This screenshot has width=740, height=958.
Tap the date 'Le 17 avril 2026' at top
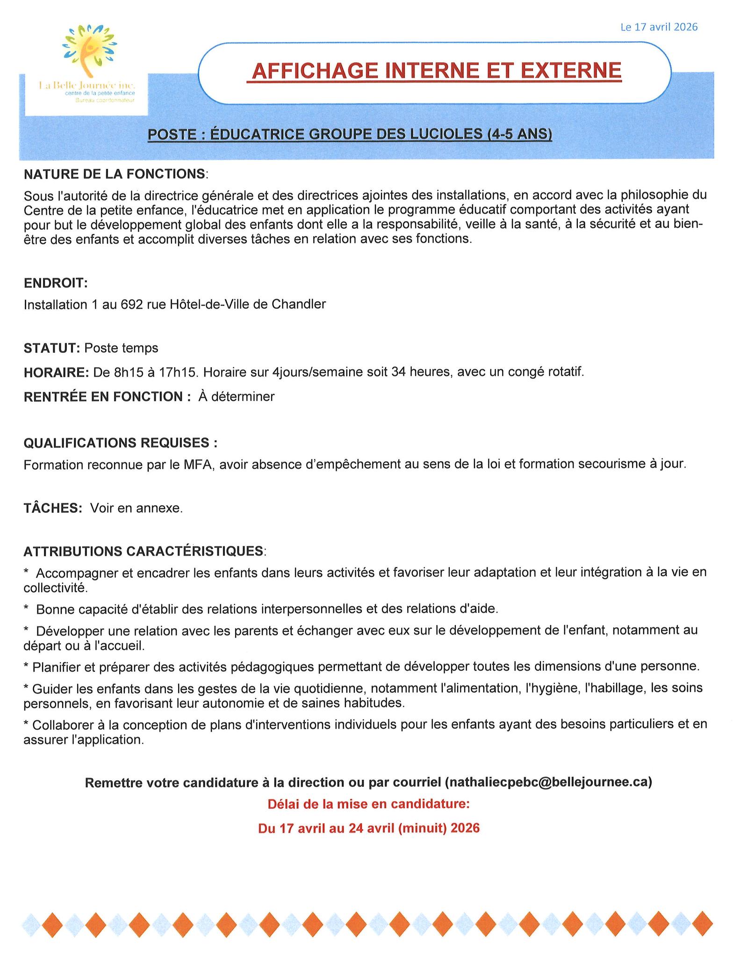point(659,27)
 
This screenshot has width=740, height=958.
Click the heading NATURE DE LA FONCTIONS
point(115,174)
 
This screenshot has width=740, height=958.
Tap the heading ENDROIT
point(55,283)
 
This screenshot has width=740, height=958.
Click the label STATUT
point(51,348)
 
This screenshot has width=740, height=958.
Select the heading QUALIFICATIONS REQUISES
point(120,443)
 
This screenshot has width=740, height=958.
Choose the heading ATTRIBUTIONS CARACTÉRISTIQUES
point(143,551)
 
